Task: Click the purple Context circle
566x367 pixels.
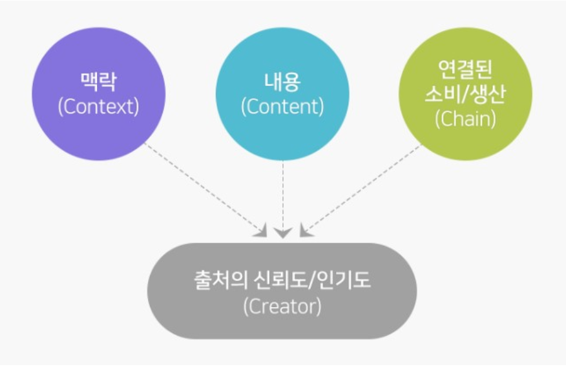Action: tap(99, 94)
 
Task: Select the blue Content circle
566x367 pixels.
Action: tap(282, 94)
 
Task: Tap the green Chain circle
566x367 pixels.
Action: tap(465, 94)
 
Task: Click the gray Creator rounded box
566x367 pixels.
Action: tap(282, 291)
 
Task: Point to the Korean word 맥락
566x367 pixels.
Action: tap(99, 82)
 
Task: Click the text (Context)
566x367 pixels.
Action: tap(99, 106)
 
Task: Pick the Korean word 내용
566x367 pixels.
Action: tap(282, 82)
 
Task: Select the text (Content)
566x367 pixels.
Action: tap(282, 106)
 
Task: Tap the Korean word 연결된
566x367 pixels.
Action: tap(465, 69)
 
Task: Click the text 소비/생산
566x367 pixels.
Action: tap(465, 94)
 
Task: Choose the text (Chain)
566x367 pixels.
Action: tap(465, 119)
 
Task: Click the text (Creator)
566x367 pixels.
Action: tap(282, 306)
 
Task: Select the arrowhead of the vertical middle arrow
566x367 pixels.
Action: tap(282, 233)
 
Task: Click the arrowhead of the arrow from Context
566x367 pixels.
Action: tap(261, 231)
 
